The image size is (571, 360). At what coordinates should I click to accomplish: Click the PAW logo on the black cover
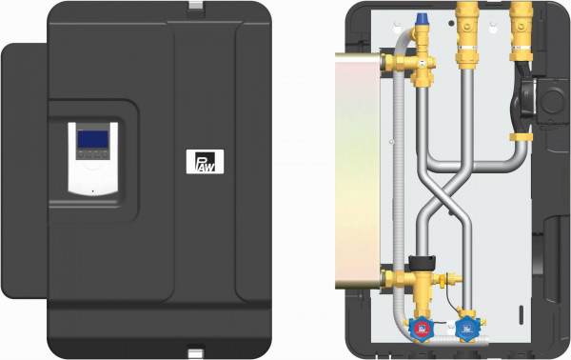coord(205,161)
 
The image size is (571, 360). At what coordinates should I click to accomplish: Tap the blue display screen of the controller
coord(93,139)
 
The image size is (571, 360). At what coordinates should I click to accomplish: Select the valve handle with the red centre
coord(422,329)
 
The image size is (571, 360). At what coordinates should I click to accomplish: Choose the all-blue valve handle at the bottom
coord(467,329)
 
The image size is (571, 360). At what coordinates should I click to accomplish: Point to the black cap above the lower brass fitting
coord(422,263)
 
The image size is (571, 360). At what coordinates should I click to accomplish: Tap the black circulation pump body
coord(523,96)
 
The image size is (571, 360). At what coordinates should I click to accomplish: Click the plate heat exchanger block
coord(357,170)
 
